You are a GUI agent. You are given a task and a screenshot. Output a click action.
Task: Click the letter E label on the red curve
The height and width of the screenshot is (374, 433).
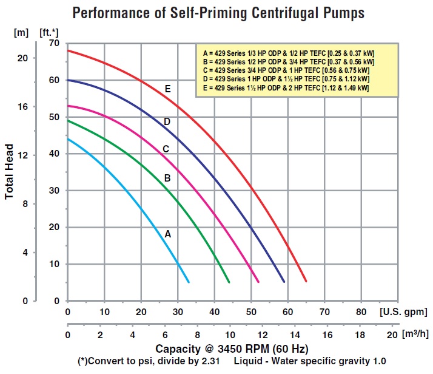coord(167,89)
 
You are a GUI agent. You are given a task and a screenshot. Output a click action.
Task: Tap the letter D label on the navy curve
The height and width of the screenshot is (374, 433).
coord(167,122)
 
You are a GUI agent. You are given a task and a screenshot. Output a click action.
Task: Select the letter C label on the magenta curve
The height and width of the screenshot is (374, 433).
coord(165,149)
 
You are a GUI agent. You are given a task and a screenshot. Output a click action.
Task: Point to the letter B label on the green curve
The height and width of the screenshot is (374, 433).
coord(168,178)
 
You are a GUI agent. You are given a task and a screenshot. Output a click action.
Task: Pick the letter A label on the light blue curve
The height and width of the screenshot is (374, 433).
coord(167,233)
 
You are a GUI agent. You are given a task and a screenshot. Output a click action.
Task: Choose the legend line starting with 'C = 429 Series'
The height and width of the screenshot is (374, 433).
coord(287,70)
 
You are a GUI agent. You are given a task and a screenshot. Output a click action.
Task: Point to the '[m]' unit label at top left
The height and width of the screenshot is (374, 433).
coord(21,31)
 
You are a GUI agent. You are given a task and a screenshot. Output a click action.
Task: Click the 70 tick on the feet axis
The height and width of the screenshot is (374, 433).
coord(54,43)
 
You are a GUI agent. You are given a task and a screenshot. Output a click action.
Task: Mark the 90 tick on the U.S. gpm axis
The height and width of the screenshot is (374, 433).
coord(398,312)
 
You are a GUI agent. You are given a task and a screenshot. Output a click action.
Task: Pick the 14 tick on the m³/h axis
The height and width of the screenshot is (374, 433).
coord(295,335)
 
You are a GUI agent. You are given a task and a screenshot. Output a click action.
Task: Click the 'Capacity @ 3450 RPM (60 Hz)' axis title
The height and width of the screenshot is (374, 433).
coord(232,348)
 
